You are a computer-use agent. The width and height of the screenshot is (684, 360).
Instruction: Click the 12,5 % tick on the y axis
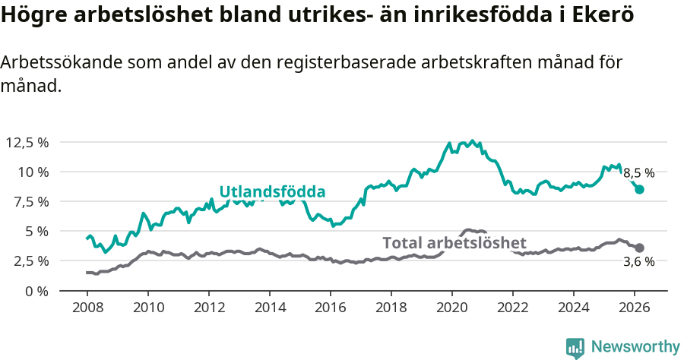27,142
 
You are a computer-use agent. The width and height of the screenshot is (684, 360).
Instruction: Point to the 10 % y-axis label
32,172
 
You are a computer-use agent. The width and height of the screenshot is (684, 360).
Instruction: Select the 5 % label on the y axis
36,231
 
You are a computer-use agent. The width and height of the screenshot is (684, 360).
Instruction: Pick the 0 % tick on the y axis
36,290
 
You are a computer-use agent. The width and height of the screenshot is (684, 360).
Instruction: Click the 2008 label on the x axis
87,308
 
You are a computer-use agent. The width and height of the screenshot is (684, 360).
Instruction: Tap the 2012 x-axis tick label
208,308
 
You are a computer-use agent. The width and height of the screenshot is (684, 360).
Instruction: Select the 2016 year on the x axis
331,308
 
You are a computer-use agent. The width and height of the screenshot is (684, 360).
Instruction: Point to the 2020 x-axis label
452,308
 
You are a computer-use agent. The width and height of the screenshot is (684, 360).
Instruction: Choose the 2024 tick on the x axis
574,308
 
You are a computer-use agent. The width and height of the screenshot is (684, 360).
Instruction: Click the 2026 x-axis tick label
635,308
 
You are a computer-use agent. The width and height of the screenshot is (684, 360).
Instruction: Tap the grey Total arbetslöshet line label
454,243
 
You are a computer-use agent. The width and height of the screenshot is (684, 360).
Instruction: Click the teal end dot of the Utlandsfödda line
640,190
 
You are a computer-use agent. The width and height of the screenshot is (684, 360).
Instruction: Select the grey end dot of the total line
640,248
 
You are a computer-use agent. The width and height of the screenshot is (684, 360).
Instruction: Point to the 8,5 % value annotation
639,173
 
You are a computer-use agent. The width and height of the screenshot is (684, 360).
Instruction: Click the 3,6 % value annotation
639,262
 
